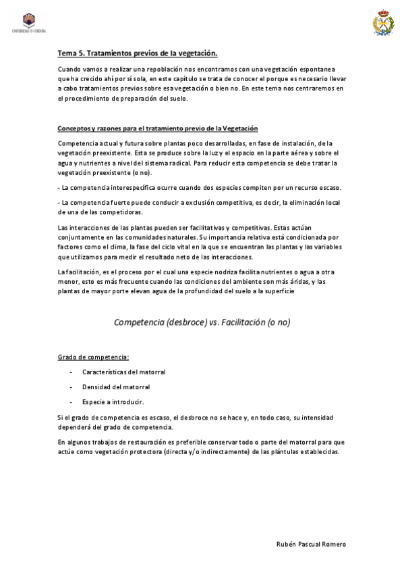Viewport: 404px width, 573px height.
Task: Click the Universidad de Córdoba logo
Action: pyautogui.click(x=28, y=24)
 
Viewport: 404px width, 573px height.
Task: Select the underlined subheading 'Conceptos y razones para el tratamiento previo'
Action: pyautogui.click(x=158, y=128)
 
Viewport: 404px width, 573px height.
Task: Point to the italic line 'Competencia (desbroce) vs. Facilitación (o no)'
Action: pyautogui.click(x=202, y=322)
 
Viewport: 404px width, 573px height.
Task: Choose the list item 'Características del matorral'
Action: pyautogui.click(x=123, y=372)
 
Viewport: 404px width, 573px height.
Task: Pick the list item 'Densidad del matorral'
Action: pyautogui.click(x=115, y=387)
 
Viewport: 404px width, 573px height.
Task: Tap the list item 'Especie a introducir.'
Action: pyautogui.click(x=113, y=402)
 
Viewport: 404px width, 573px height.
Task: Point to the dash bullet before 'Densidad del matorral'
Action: pyautogui.click(x=71, y=387)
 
